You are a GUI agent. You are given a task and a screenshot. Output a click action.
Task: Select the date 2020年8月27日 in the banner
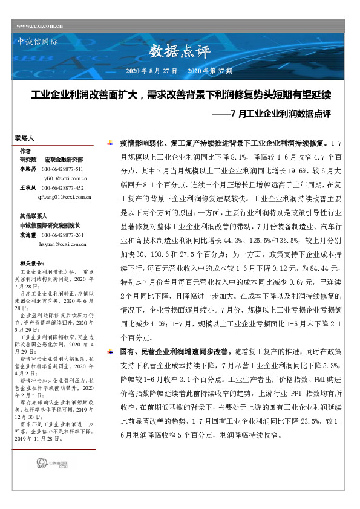tap(151, 71)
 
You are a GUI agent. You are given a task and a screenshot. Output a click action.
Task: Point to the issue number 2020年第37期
tap(210, 71)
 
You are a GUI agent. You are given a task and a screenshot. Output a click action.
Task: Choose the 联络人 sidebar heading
tap(25, 138)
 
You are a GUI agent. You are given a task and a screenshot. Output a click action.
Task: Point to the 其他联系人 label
tap(33, 215)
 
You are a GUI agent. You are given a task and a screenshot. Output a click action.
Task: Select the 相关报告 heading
tap(31, 264)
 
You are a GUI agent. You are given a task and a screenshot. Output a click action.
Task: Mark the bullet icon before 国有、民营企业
tap(109, 351)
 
